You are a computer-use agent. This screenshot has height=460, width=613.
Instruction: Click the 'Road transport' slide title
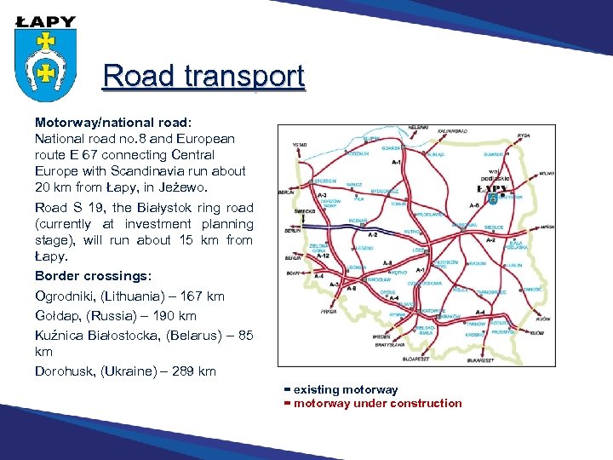(x=203, y=77)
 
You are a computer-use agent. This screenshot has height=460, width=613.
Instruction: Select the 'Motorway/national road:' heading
(x=117, y=122)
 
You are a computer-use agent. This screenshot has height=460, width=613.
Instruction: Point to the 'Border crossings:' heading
(x=93, y=276)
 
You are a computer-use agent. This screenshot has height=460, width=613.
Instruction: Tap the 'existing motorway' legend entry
(x=345, y=390)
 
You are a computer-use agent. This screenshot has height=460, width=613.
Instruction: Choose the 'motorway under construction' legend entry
(x=377, y=404)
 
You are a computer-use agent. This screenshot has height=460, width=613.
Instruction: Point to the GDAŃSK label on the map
(x=392, y=147)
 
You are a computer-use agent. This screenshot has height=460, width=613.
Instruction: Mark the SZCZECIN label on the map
(x=324, y=181)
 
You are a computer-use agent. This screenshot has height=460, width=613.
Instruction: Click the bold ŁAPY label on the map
(x=492, y=188)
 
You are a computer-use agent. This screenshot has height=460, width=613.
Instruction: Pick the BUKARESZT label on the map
(x=480, y=360)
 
